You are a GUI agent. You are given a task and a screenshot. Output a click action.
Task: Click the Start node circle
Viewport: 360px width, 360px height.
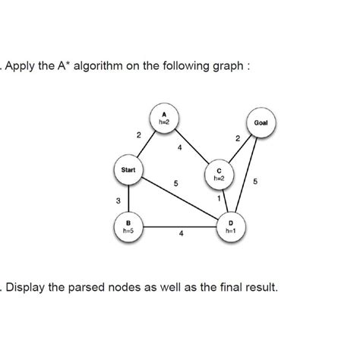127,170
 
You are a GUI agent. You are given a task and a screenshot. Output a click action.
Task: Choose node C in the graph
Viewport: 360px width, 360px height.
219,174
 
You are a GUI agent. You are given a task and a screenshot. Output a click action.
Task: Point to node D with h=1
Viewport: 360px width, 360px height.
230,226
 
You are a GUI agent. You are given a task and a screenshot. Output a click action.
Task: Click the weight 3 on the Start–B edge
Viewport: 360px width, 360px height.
118,201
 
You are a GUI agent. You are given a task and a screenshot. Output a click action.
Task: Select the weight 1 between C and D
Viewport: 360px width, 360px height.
219,199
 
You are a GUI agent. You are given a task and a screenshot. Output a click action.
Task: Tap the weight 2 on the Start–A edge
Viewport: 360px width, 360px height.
138,135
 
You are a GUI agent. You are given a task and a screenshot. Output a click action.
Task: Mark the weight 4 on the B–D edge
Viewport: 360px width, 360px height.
181,235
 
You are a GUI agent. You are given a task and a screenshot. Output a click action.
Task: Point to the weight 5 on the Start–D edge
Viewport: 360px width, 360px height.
175,184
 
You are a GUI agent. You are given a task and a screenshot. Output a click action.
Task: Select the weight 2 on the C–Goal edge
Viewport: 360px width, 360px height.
238,138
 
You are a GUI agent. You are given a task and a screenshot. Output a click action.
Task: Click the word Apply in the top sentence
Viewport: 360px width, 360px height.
22,65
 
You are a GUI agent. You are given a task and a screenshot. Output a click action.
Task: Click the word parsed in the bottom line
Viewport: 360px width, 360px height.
90,289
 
